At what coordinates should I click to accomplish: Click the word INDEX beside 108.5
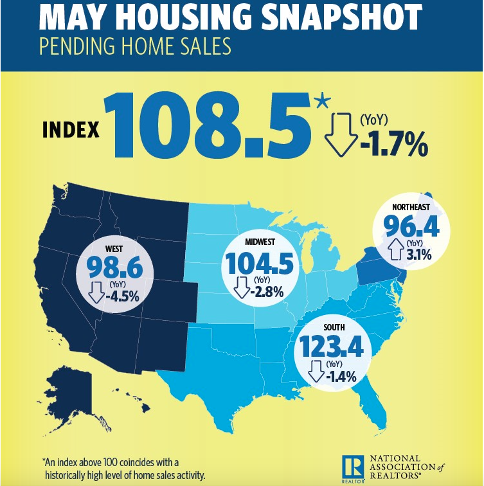click(x=71, y=130)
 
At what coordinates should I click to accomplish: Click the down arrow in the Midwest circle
click(x=241, y=287)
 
